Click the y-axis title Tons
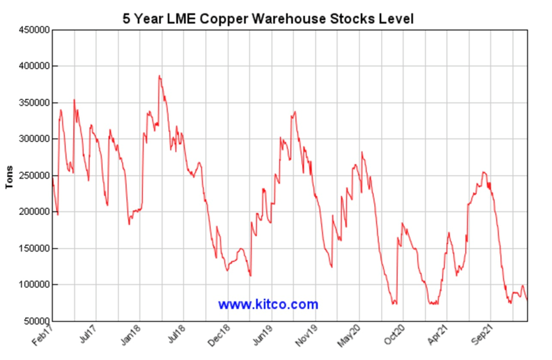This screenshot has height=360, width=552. [x=10, y=175]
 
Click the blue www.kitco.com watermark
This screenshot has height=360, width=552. [x=268, y=305]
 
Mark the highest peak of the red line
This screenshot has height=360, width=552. [x=159, y=76]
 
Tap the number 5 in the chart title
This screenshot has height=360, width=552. [x=127, y=19]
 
